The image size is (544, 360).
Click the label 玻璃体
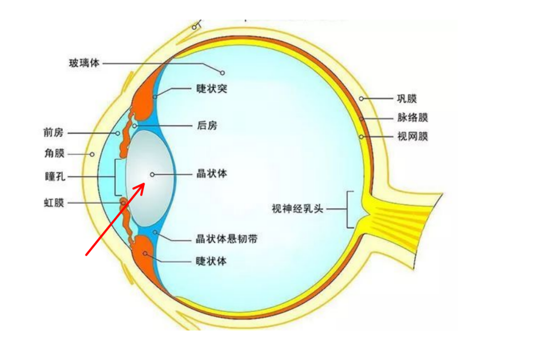pos(84,63)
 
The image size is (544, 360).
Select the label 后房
pos(207,126)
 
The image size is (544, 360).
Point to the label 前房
pos(54,133)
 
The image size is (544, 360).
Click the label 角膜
pos(55,153)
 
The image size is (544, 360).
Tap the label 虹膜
pos(54,203)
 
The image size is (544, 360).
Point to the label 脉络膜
pos(413,117)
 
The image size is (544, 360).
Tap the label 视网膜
pos(413,136)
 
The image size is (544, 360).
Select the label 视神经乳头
pos(298,209)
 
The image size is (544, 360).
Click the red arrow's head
pos(144,183)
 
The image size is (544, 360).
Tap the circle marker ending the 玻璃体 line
pos(222,72)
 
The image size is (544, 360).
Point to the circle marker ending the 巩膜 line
pos(361,98)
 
